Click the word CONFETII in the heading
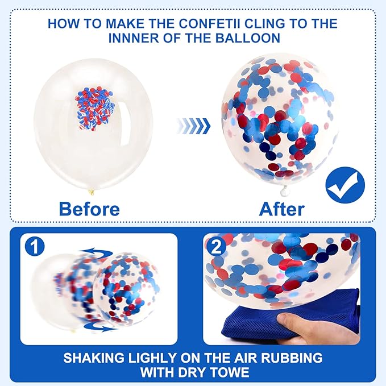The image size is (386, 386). (x=210, y=24)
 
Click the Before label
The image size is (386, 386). (x=89, y=209)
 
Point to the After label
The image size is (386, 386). (x=282, y=209)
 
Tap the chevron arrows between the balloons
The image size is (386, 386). (x=194, y=126)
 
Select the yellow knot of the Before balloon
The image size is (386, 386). (x=91, y=191)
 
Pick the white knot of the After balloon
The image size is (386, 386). (x=285, y=190)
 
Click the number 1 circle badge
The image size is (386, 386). (x=35, y=247)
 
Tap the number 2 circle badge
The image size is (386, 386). (x=217, y=247)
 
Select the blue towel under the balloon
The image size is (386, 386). (x=290, y=318)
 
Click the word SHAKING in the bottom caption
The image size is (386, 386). (x=94, y=358)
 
